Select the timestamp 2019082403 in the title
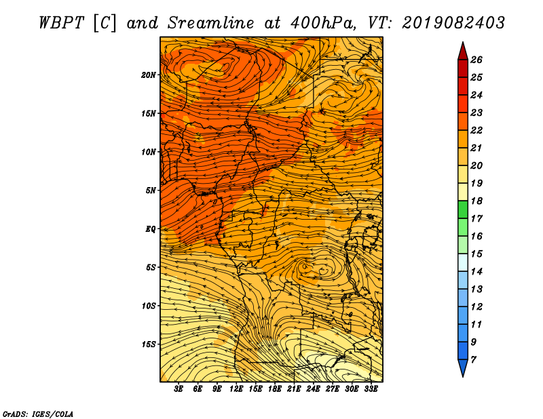coord(453,22)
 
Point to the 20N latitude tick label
coord(149,75)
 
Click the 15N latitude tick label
coord(149,113)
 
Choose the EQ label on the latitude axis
coord(151,228)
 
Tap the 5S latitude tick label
coord(151,267)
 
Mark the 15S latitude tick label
coord(149,344)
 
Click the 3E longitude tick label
coord(179,389)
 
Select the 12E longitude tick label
coord(236,389)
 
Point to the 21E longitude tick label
coord(294,389)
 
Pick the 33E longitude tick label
coord(371,389)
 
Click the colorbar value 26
coord(476,60)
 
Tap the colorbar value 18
coord(476,201)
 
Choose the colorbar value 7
coord(474,359)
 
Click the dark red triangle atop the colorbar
coord(462,52)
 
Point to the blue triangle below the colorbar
coord(462,367)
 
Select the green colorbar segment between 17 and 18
coord(462,209)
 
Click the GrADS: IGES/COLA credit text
coord(37,413)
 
